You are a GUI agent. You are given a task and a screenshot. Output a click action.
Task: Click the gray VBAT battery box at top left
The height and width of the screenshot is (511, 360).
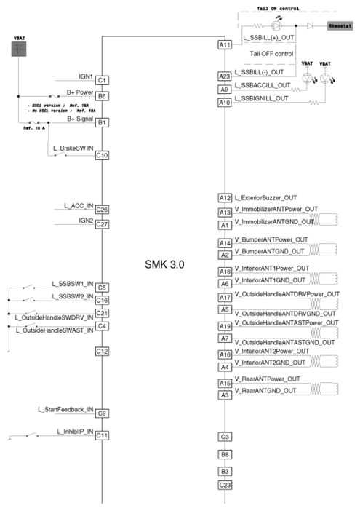coord(19,49)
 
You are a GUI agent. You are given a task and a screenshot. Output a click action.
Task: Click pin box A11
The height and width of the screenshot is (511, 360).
coord(225,45)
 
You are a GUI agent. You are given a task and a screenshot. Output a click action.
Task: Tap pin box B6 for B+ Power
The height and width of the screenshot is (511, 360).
coord(103,95)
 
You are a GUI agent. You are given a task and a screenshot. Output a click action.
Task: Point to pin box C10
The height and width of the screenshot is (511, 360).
coord(103,155)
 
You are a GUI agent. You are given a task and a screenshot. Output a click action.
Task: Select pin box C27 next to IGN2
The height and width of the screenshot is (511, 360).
coord(103,224)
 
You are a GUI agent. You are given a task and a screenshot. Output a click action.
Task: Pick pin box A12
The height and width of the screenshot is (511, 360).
coord(225,198)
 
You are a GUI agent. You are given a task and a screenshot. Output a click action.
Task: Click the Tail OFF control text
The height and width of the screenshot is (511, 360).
coord(271,54)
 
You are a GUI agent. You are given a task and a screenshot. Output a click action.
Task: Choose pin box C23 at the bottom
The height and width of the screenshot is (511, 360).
coord(225,485)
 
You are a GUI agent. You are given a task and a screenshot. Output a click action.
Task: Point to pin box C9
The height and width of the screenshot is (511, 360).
coord(103,413)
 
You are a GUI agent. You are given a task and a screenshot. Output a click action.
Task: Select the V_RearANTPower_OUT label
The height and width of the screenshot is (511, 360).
coord(267,379)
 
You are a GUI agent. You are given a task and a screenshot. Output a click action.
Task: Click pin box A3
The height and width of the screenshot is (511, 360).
coord(225,395)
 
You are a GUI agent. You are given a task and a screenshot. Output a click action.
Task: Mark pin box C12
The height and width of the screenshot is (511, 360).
coord(103,351)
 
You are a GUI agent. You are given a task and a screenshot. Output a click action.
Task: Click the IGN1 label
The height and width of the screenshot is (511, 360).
coord(86,75)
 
